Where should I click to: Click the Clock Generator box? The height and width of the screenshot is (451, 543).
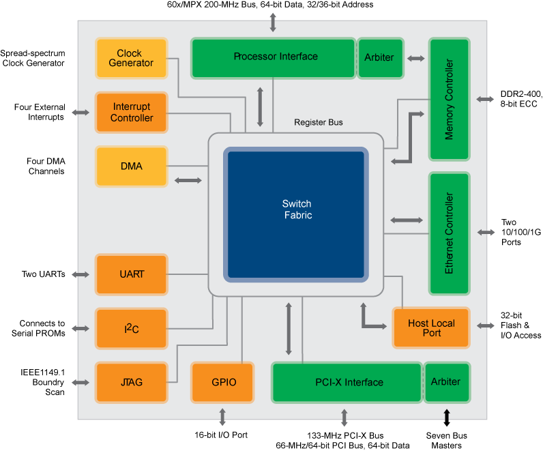[131, 58]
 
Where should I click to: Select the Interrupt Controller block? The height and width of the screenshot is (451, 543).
[131, 112]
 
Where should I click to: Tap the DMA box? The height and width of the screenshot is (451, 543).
[131, 166]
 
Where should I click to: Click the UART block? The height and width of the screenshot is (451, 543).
[131, 274]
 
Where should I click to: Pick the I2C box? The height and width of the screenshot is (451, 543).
[131, 328]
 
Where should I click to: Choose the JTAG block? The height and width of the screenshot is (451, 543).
[131, 382]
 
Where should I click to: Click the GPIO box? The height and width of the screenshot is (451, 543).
[222, 382]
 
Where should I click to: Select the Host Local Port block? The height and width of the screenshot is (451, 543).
[431, 328]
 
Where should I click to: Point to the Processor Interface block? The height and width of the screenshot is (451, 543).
[274, 58]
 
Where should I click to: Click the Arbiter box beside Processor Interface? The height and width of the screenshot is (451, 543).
[381, 58]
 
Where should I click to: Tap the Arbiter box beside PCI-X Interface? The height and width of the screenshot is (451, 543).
[447, 382]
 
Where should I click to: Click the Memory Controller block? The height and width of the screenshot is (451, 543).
[449, 100]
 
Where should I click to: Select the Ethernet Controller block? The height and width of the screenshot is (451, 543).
[449, 233]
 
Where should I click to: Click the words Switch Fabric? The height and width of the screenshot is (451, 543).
[297, 209]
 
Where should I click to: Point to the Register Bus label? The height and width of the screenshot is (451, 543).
[319, 122]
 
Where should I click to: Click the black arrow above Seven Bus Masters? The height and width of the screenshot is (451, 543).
[447, 418]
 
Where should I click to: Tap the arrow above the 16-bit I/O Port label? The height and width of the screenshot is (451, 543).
[222, 417]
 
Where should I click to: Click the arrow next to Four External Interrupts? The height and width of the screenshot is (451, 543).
[80, 112]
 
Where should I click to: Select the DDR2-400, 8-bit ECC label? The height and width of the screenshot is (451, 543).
[521, 99]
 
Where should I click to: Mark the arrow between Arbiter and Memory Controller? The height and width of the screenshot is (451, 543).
[416, 59]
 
